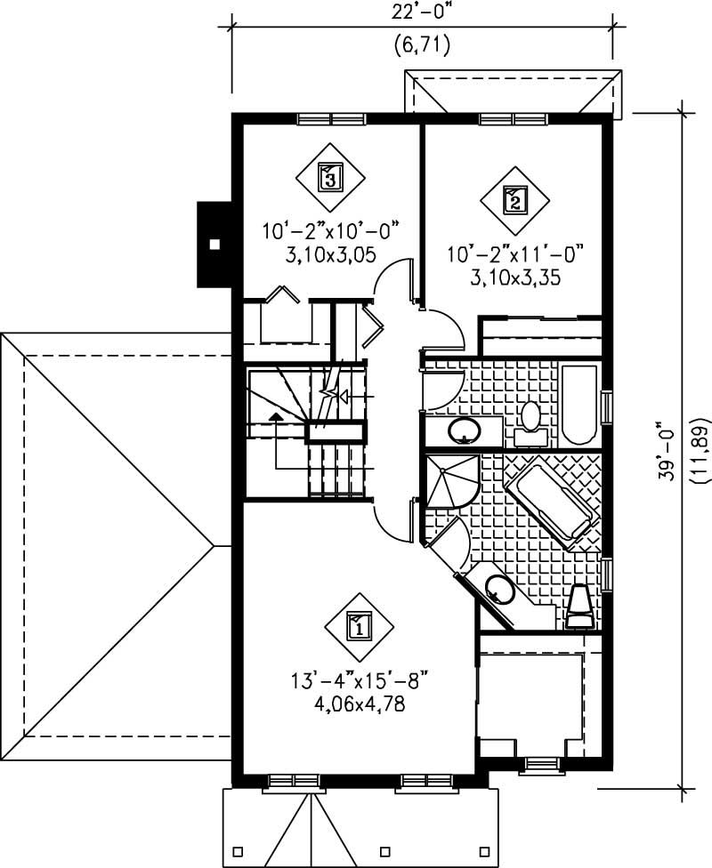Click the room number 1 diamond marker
pos(358,626)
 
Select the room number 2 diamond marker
pos(514,199)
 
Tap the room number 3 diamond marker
pos(330,177)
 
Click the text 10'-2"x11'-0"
pos(515,256)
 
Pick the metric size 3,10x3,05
pos(328,254)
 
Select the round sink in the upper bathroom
pos(464,432)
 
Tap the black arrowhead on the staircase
pos(277,414)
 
